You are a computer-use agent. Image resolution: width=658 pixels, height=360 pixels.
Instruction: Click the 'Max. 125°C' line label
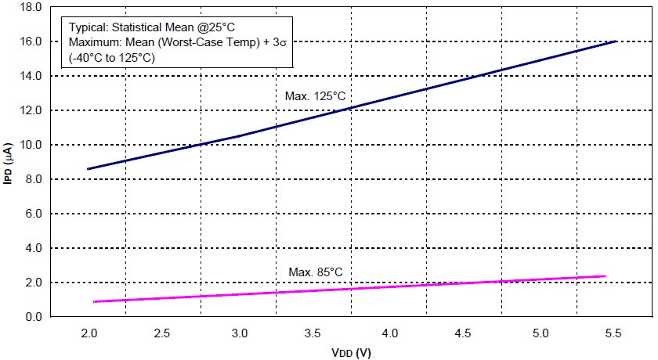315,95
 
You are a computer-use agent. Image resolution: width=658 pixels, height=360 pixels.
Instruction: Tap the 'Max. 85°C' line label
315,272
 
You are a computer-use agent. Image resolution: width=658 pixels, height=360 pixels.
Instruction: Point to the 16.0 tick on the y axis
30,41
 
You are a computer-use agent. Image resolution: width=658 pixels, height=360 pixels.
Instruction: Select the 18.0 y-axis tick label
30,7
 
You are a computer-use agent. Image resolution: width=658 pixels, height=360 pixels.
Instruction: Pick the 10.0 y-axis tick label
30,145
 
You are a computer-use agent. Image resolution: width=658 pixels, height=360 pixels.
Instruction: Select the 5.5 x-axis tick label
614,333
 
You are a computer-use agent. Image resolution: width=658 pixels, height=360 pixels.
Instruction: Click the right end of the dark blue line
616,41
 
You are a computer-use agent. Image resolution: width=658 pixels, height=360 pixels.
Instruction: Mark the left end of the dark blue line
88,169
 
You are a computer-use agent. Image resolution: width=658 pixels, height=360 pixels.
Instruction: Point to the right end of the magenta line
606,275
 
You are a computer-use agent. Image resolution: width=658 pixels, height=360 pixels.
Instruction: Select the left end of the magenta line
94,301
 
